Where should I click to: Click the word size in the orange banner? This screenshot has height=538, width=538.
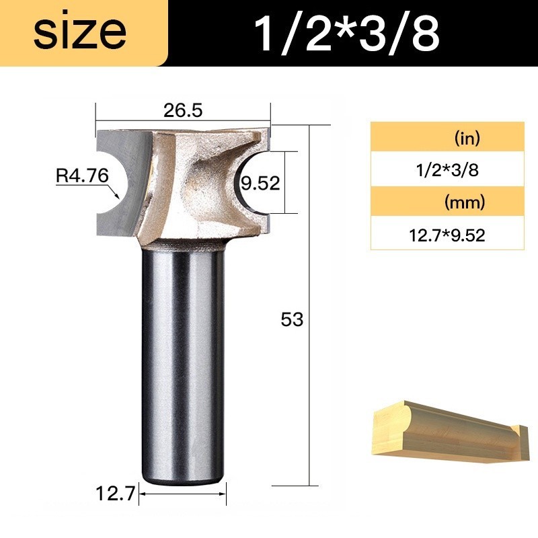point(80,33)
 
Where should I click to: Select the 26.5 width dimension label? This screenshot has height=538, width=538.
point(183,110)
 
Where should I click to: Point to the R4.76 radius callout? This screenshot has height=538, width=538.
point(82,176)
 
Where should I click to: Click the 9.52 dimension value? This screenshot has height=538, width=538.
point(260,183)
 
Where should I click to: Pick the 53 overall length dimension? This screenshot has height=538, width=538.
point(292,319)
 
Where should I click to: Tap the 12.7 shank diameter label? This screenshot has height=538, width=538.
point(116,494)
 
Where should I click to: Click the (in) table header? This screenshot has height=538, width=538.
point(467,138)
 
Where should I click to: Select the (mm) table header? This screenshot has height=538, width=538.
point(465,202)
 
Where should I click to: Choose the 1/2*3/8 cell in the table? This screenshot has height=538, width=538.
point(447,170)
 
